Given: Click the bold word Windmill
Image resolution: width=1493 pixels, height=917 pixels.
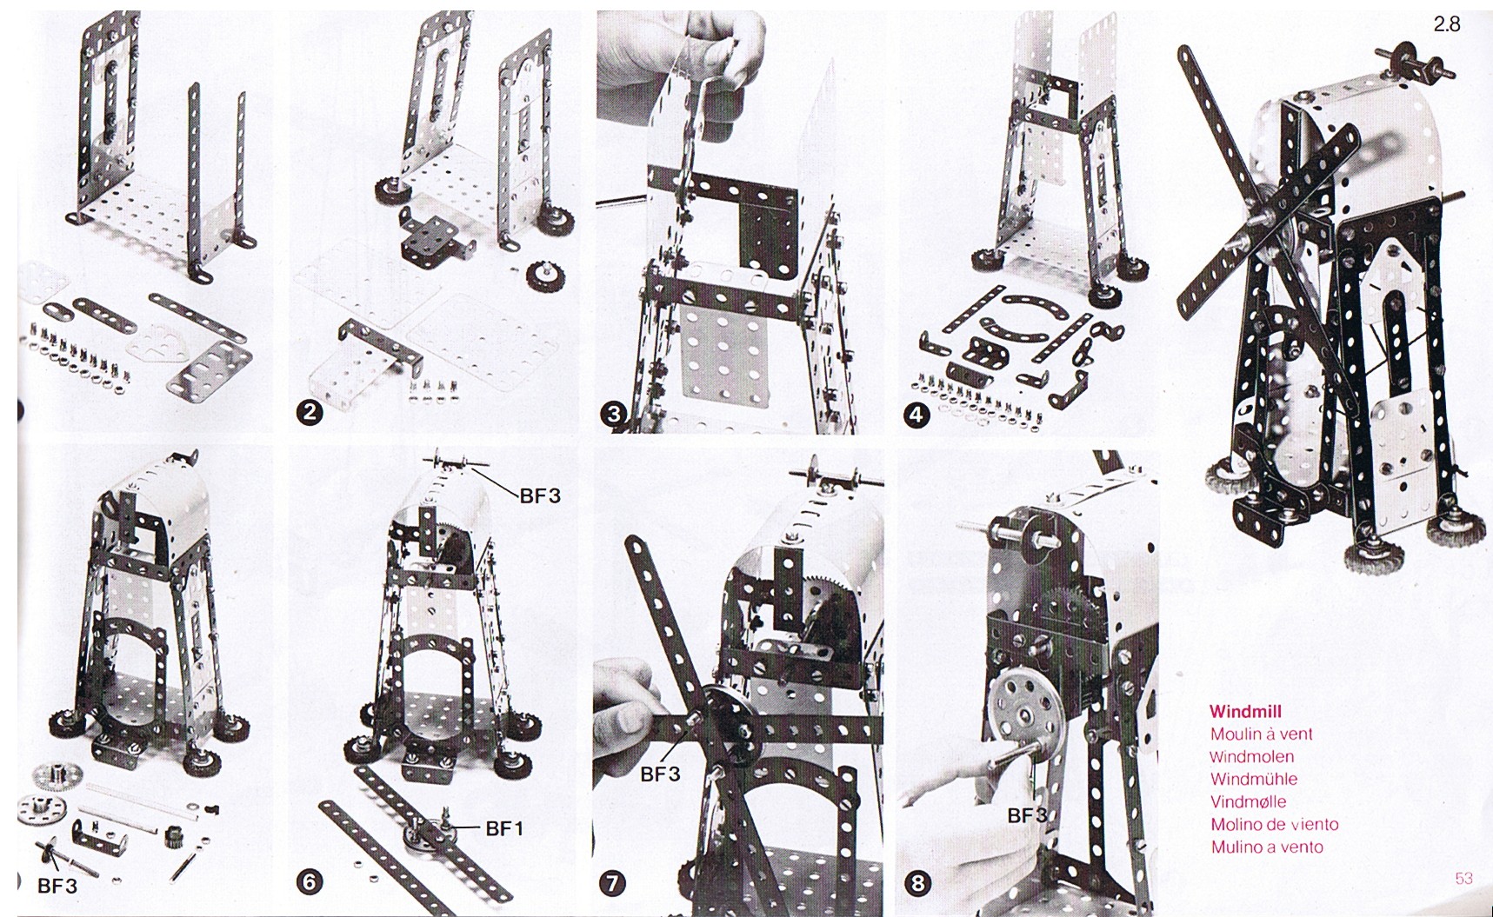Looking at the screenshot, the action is (x=1244, y=712).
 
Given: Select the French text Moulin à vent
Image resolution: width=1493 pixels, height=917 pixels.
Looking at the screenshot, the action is (x=1261, y=734).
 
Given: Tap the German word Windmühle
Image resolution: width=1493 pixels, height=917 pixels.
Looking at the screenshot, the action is (x=1253, y=779).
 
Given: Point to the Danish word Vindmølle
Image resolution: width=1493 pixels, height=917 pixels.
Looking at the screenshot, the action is (x=1248, y=801).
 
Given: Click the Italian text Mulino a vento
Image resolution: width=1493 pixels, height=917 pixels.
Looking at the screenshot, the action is (x=1267, y=847).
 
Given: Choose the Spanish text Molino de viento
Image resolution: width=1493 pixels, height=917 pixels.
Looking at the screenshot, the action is (x=1274, y=824).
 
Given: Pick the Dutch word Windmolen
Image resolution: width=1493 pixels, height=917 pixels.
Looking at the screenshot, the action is (x=1251, y=757).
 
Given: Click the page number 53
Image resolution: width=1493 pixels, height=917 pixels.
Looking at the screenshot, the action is (x=1463, y=878).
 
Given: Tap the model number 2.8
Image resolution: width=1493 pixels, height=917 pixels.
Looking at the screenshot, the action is (x=1447, y=24).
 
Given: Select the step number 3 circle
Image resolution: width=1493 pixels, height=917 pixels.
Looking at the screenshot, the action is (x=613, y=415).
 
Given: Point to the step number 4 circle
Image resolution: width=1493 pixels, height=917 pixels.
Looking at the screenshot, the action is (x=916, y=415).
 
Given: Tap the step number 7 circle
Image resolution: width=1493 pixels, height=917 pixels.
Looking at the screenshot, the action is (x=613, y=883).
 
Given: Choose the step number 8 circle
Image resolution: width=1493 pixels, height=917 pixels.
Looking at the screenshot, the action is (x=916, y=883).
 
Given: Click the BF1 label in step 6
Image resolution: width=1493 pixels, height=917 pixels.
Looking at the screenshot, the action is (x=505, y=829).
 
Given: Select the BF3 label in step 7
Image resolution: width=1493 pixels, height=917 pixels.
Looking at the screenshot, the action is (x=660, y=774).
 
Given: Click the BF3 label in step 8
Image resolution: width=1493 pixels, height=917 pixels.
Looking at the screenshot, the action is (x=1027, y=815).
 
